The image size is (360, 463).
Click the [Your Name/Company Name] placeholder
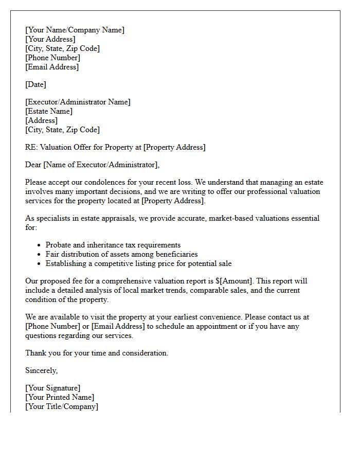pyautogui.click(x=75, y=30)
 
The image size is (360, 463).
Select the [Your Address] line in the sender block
pyautogui.click(x=50, y=39)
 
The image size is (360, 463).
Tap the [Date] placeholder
pyautogui.click(x=35, y=84)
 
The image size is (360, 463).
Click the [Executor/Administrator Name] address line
pyautogui.click(x=78, y=102)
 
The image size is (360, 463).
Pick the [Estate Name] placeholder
pyautogui.click(x=49, y=111)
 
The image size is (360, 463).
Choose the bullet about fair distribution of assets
pyautogui.click(x=121, y=254)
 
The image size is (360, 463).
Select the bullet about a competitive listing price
pyautogui.click(x=138, y=263)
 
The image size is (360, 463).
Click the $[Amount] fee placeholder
pyautogui.click(x=235, y=281)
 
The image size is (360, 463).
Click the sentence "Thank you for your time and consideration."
pyautogui.click(x=97, y=353)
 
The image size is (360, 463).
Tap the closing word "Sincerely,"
pyautogui.click(x=42, y=370)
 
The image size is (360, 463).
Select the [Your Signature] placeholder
pyautogui.click(x=52, y=388)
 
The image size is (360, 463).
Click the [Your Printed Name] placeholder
pyautogui.click(x=60, y=397)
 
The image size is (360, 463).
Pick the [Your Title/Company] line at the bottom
pyautogui.click(x=62, y=406)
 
